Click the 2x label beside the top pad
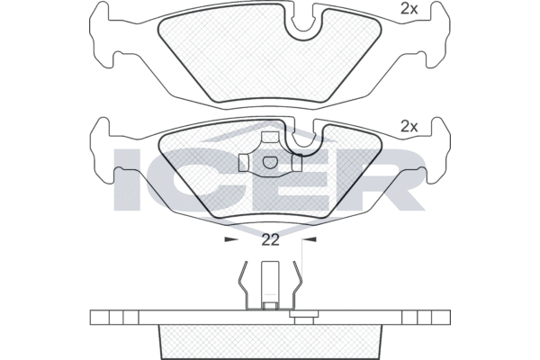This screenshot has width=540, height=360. coord(409,10)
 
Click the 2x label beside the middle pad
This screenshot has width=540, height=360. coord(409,127)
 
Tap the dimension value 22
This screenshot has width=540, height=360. coord(270,240)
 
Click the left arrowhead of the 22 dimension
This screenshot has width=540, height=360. coord(231,239)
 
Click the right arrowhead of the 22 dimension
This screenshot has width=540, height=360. coord(310,239)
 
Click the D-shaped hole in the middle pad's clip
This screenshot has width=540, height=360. coord(270,162)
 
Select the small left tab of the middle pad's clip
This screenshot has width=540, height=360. coord(244,163)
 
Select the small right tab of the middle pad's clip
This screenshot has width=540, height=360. coord(297,163)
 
